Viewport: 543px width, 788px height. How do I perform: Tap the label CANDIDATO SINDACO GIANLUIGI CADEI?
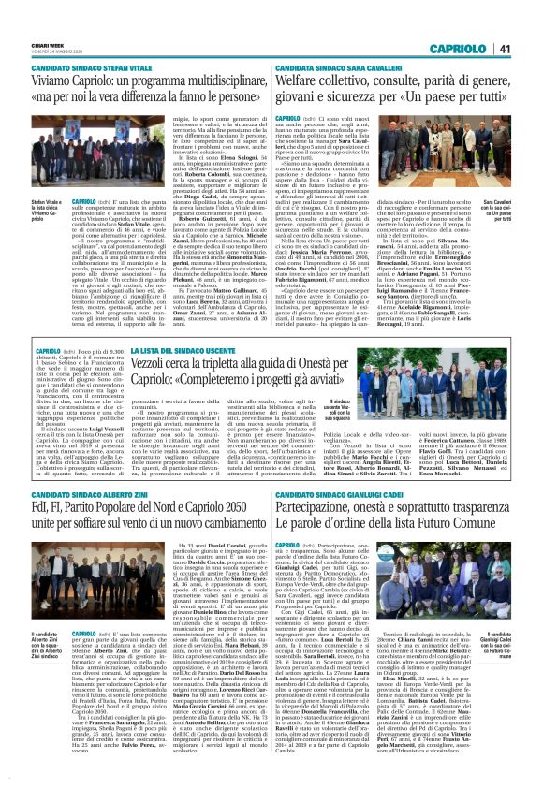[366, 495]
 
